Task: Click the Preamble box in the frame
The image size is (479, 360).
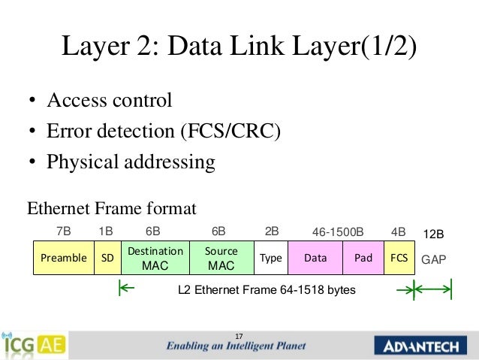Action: pyautogui.click(x=64, y=258)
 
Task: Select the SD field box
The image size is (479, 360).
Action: pyautogui.click(x=107, y=258)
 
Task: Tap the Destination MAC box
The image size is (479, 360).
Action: pyautogui.click(x=155, y=258)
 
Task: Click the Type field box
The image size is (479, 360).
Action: pyautogui.click(x=270, y=258)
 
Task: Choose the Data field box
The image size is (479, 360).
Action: pyautogui.click(x=315, y=258)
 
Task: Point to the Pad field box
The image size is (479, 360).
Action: pyautogui.click(x=363, y=258)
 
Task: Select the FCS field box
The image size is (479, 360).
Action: pyautogui.click(x=399, y=258)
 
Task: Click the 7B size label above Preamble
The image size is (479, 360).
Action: pyautogui.click(x=63, y=232)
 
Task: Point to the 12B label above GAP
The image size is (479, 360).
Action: pyautogui.click(x=435, y=234)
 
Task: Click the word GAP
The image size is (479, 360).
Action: pyautogui.click(x=434, y=260)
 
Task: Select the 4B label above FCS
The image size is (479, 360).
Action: pyautogui.click(x=398, y=232)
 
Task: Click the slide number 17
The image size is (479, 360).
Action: pyautogui.click(x=239, y=335)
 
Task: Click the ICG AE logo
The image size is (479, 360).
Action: pyautogui.click(x=34, y=345)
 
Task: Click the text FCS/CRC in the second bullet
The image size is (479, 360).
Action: pyautogui.click(x=230, y=131)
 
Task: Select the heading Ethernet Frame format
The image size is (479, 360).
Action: pyautogui.click(x=111, y=207)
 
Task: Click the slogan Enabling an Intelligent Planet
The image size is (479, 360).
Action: pyautogui.click(x=236, y=347)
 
